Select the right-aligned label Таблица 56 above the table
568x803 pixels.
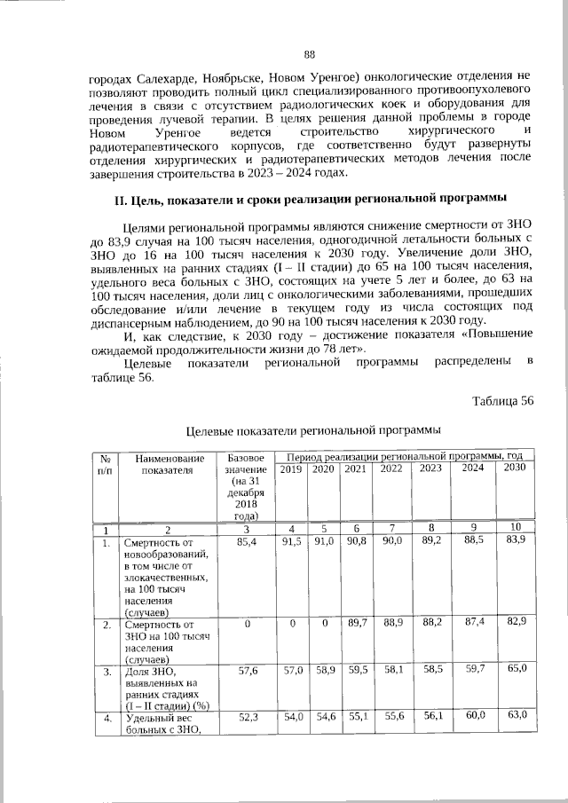click(502, 400)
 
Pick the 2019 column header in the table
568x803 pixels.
click(291, 468)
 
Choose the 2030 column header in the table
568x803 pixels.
click(514, 468)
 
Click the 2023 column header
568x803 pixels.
click(430, 468)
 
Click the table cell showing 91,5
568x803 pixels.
click(291, 540)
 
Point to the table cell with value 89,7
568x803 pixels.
click(355, 624)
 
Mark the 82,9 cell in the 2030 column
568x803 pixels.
click(514, 624)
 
